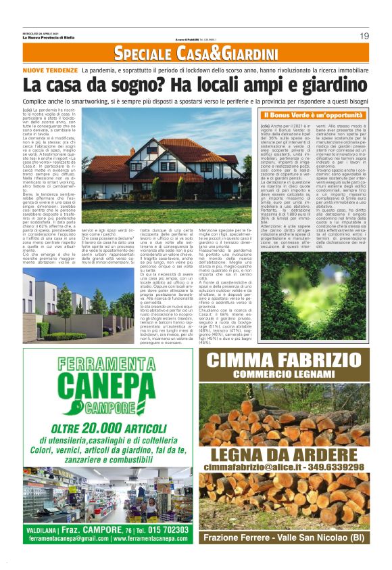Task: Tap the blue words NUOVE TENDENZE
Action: point(49,70)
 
